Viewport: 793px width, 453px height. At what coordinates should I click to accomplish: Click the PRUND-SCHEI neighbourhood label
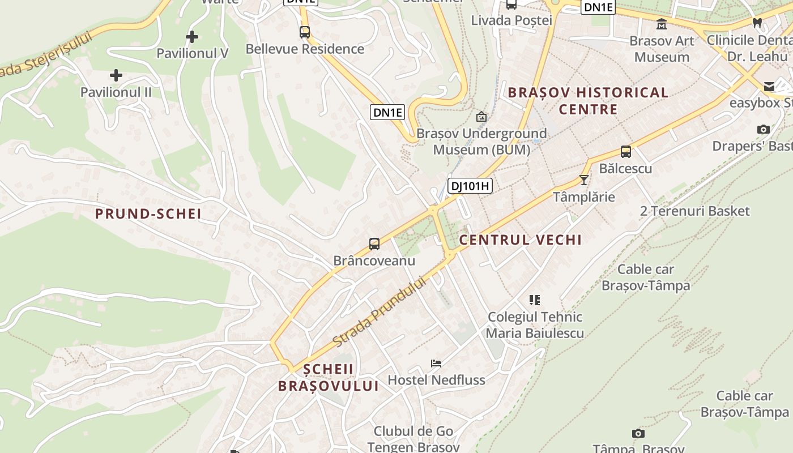(x=148, y=214)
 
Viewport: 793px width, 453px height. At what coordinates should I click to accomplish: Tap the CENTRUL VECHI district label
(x=520, y=240)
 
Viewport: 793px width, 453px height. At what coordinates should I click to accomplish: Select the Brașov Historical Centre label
(x=588, y=101)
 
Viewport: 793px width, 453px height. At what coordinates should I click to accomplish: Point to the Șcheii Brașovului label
(x=328, y=378)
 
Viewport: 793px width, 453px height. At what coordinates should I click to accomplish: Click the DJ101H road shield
(x=470, y=185)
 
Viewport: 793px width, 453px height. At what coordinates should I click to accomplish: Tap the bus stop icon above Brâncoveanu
(x=374, y=244)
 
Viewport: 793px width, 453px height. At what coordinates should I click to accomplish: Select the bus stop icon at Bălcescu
(x=626, y=152)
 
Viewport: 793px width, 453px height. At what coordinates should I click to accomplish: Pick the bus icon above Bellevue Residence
(x=305, y=32)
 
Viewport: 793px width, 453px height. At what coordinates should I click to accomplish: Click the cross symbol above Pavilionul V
(x=192, y=37)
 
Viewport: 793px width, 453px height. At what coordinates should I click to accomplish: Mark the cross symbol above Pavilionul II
(x=116, y=75)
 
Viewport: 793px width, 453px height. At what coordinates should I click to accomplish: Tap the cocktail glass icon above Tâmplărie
(x=584, y=180)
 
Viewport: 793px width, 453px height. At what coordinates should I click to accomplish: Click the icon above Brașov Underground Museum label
(x=481, y=117)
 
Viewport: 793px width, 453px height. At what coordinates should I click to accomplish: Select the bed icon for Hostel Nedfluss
(x=436, y=363)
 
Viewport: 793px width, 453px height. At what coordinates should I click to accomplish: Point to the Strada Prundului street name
(x=379, y=312)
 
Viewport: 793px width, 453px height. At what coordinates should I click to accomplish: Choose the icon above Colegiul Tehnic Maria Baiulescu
(x=535, y=300)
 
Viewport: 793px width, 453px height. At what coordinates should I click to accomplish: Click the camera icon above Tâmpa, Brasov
(x=638, y=434)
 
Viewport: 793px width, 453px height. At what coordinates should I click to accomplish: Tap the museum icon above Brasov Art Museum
(x=661, y=24)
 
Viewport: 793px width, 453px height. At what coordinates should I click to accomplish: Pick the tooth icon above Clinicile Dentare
(x=757, y=23)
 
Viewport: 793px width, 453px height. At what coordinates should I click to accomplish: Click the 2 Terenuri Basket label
(x=694, y=211)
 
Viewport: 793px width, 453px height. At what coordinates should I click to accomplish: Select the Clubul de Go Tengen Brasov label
(x=413, y=439)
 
